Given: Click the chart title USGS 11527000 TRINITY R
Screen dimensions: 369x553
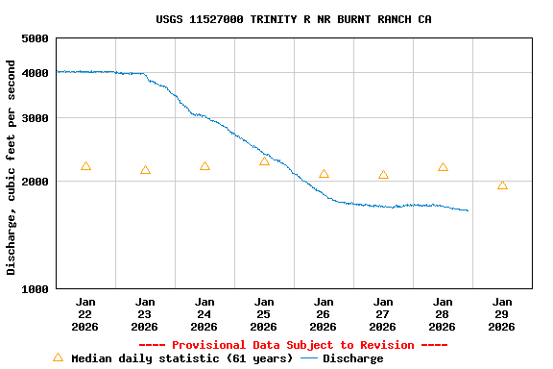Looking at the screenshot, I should pyautogui.click(x=293, y=19).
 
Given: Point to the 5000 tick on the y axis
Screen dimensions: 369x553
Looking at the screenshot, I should pyautogui.click(x=36, y=38).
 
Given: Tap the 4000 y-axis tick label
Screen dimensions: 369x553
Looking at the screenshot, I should pyautogui.click(x=36, y=73).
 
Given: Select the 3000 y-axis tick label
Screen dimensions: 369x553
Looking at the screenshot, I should pyautogui.click(x=36, y=118).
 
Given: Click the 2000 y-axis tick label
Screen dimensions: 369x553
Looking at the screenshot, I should pyautogui.click(x=36, y=182).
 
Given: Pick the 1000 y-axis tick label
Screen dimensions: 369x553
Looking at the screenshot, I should pyautogui.click(x=36, y=289).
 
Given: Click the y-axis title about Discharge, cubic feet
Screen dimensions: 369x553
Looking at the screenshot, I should pyautogui.click(x=12, y=167).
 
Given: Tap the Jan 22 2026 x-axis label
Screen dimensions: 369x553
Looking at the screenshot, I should pyautogui.click(x=85, y=314).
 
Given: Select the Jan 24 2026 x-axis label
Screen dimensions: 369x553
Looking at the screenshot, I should pyautogui.click(x=204, y=314).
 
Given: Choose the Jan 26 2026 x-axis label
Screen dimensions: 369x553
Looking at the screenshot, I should pyautogui.click(x=324, y=314).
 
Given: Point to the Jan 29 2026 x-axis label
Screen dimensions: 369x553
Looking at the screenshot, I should pyautogui.click(x=502, y=314).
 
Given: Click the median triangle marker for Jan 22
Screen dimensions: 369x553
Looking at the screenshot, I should pyautogui.click(x=85, y=166).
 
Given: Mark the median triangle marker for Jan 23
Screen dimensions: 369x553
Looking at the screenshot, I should pyautogui.click(x=145, y=170).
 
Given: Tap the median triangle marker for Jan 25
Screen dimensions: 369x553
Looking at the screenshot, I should pyautogui.click(x=264, y=160).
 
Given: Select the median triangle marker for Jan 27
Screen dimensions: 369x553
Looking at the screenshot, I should pyautogui.click(x=383, y=175).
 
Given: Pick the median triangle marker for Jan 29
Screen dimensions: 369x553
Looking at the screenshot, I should pyautogui.click(x=502, y=184).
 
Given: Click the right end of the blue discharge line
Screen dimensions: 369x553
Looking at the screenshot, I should pyautogui.click(x=468, y=210).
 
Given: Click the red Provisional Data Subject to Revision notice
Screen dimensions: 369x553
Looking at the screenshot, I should pyautogui.click(x=293, y=345).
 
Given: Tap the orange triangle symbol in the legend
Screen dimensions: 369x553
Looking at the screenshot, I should pyautogui.click(x=58, y=357).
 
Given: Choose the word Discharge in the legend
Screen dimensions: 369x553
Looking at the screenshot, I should pyautogui.click(x=352, y=358).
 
